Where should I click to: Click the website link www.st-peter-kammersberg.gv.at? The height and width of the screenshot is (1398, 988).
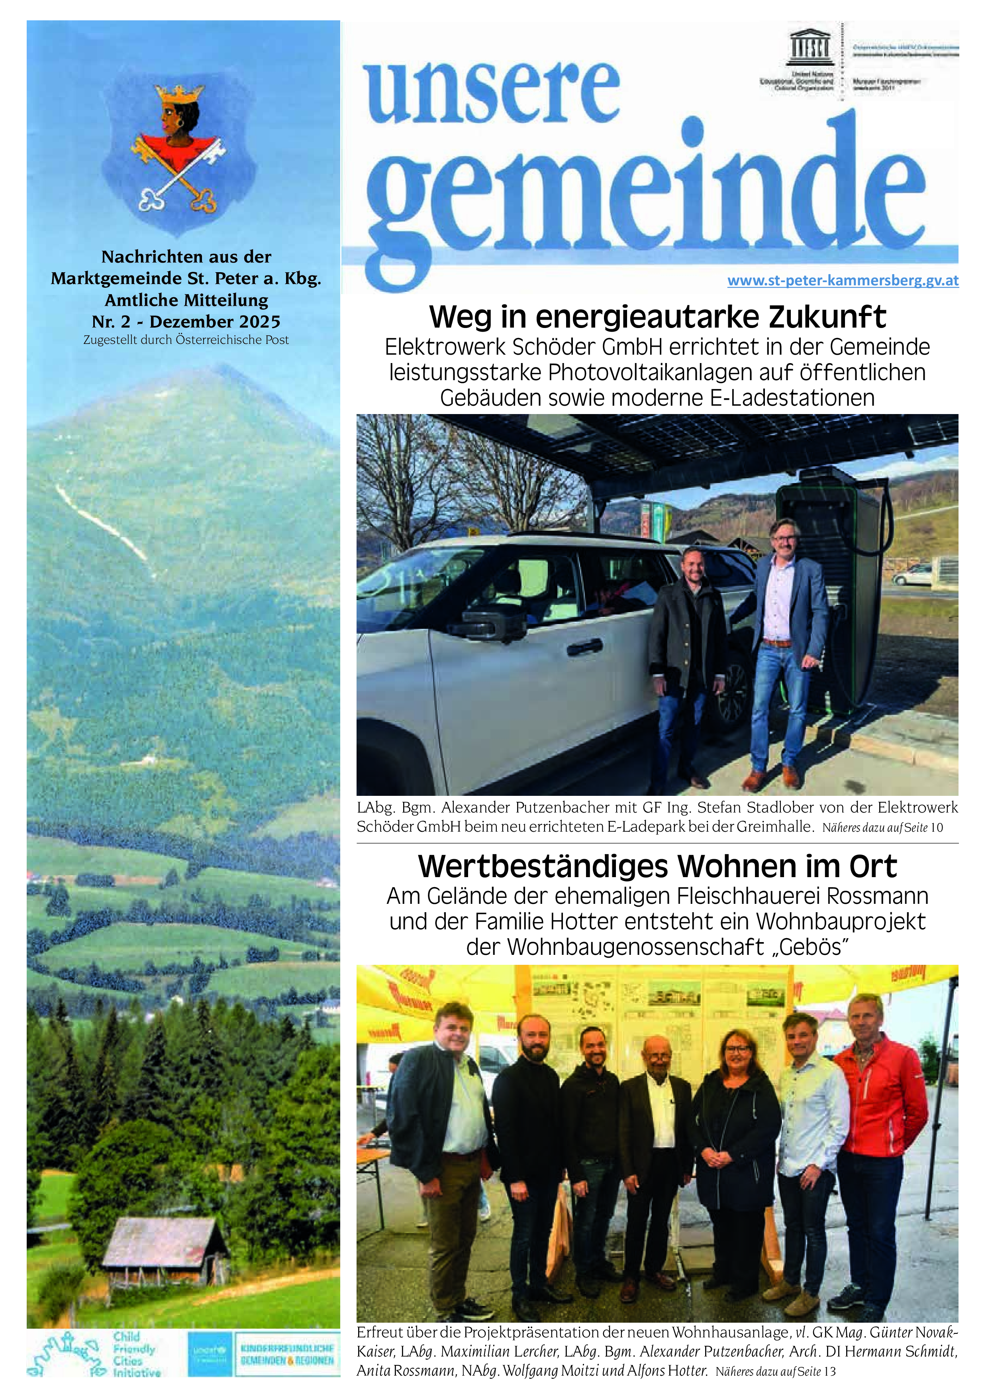[843, 281]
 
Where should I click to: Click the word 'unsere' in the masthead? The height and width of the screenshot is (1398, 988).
[493, 91]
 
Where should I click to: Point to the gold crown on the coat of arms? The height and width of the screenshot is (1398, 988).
[179, 94]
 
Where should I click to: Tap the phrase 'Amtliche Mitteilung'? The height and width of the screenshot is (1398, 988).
[186, 300]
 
